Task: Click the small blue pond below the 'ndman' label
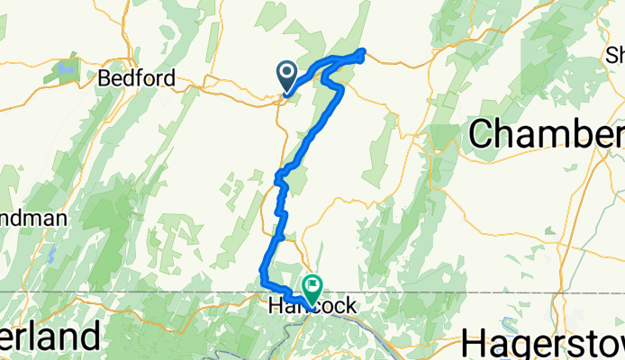click(x=52, y=255)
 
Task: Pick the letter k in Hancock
click(x=347, y=308)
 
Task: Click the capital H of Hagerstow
click(x=474, y=343)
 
